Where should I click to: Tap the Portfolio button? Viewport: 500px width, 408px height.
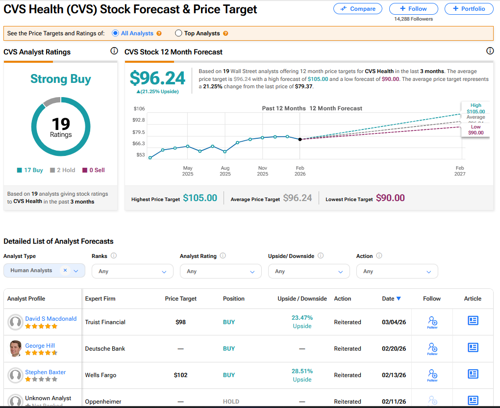click(469, 9)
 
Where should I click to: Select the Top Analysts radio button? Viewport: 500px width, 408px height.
click(179, 33)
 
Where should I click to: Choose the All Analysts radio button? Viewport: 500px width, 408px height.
click(115, 33)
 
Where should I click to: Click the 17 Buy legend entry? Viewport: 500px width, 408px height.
click(30, 170)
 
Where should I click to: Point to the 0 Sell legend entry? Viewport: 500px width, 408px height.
click(94, 170)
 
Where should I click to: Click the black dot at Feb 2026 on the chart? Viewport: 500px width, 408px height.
click(300, 139)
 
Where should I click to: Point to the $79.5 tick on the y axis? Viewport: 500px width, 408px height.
click(139, 132)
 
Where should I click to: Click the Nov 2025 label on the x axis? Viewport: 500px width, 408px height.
click(262, 171)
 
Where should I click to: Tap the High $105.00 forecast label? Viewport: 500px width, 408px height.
click(475, 108)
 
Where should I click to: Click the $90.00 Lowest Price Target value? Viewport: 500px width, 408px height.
click(390, 198)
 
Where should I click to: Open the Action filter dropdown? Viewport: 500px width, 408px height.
click(397, 271)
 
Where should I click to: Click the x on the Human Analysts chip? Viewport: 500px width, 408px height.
click(65, 270)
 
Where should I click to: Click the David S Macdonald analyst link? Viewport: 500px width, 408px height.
click(51, 319)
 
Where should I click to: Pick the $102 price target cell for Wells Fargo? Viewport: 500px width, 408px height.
click(181, 375)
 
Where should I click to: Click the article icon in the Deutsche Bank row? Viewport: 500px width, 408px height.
click(473, 347)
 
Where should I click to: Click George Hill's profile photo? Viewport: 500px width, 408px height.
click(16, 349)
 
